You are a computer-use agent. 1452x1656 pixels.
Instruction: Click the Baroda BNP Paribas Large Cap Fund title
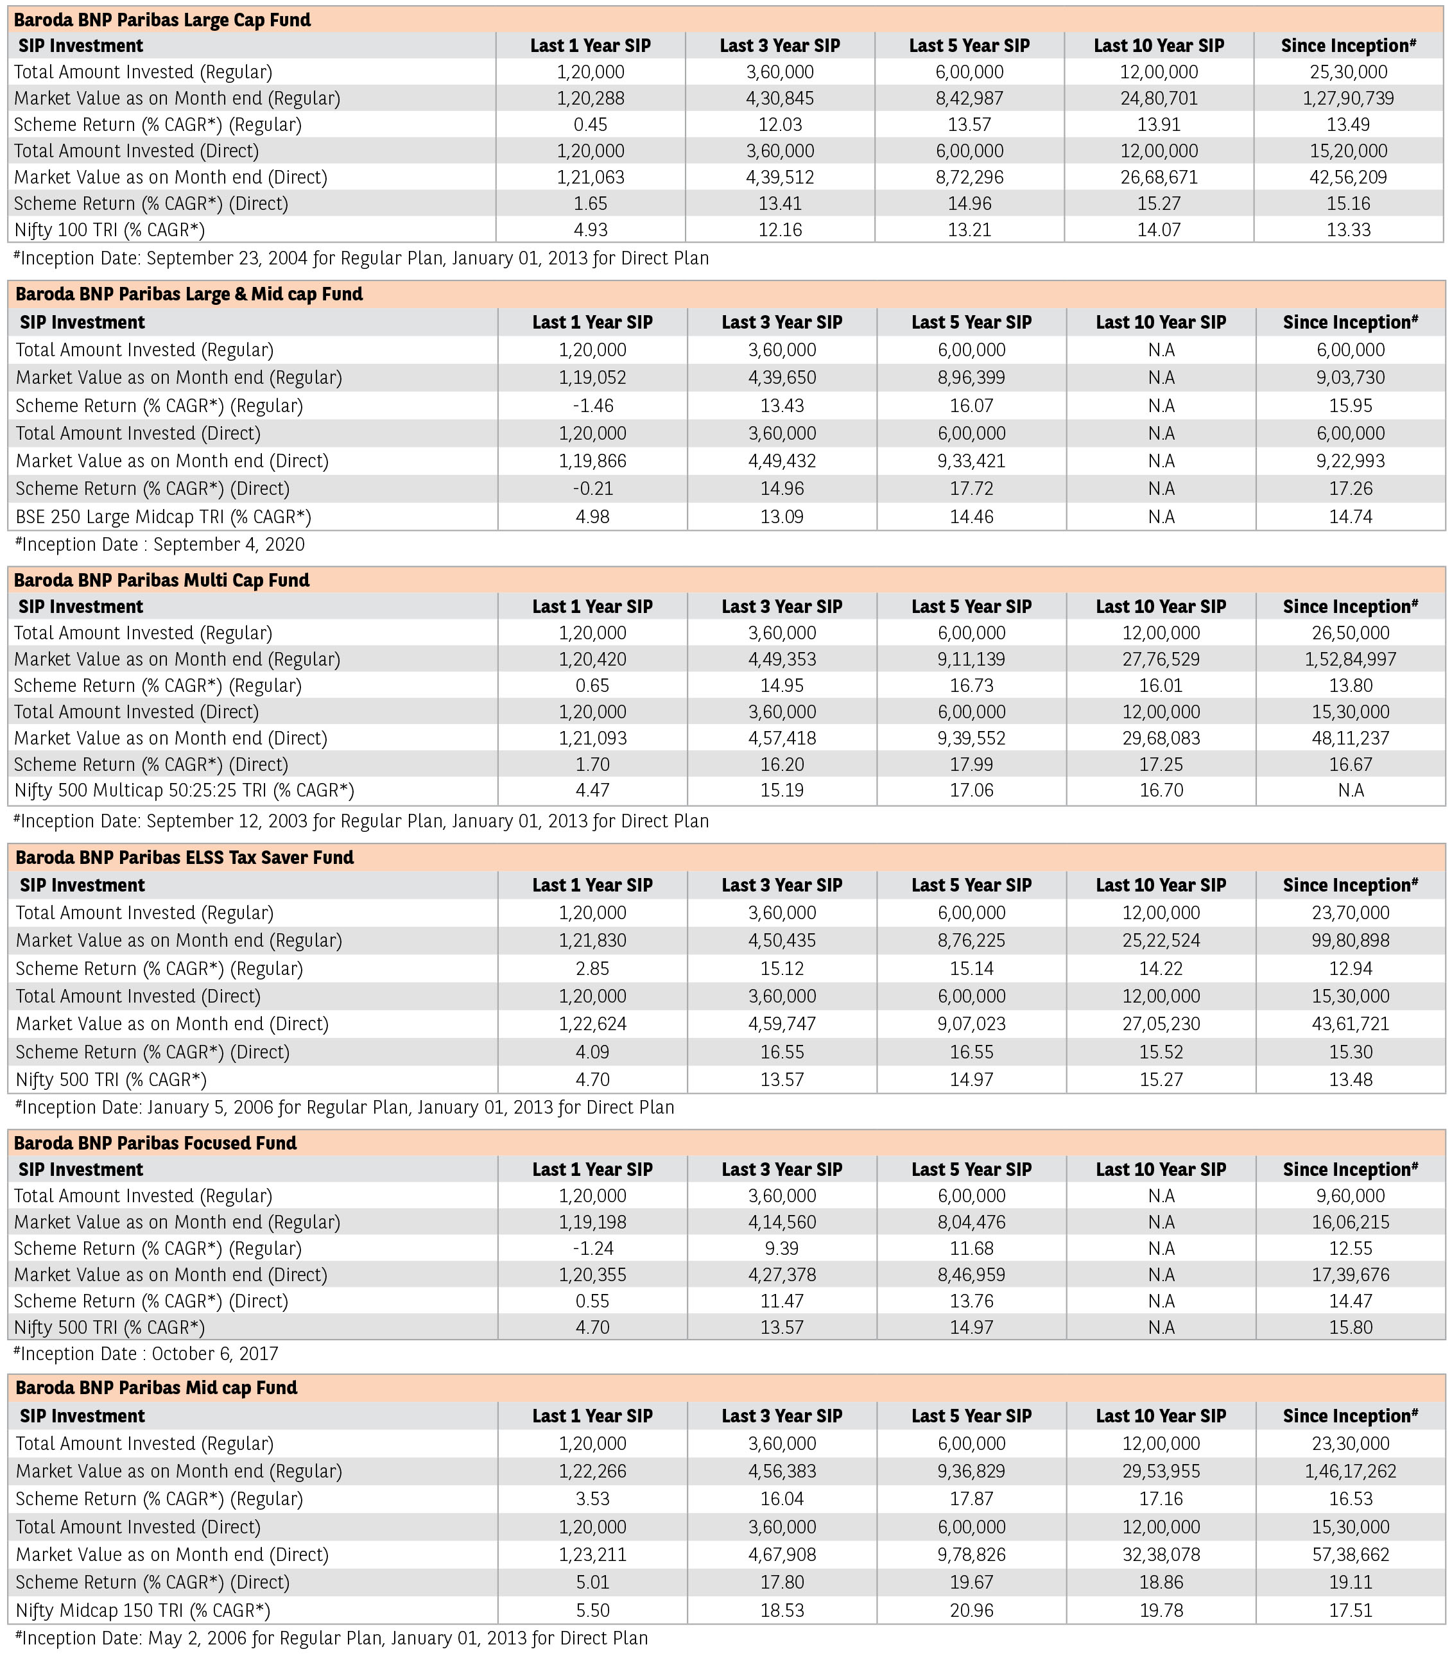click(162, 19)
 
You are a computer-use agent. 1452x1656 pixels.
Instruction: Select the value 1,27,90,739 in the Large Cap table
click(1348, 98)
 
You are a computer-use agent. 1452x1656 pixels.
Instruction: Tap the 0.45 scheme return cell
click(591, 125)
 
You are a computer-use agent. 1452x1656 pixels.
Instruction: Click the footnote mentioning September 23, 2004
click(361, 259)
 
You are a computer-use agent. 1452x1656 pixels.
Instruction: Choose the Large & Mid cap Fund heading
click(189, 294)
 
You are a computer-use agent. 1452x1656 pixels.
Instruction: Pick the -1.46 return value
click(592, 405)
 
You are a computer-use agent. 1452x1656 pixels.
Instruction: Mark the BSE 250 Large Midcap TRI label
click(163, 517)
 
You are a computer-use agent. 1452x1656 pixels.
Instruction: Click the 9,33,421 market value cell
click(971, 461)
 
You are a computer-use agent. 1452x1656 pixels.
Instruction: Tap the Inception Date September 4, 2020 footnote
click(160, 544)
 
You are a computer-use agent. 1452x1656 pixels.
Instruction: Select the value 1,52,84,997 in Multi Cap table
click(1350, 659)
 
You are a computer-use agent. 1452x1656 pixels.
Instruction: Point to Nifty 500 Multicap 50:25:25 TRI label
click(184, 790)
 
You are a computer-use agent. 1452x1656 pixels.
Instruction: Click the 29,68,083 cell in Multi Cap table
click(1161, 738)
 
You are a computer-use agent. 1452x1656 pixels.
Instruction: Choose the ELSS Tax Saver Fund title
click(185, 857)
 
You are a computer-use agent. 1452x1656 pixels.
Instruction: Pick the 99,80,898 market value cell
click(1350, 940)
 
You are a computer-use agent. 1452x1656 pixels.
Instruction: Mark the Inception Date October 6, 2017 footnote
click(146, 1354)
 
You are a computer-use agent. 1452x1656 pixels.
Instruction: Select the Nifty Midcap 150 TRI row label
click(143, 1610)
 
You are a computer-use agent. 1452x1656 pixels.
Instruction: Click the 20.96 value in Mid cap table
click(971, 1610)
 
